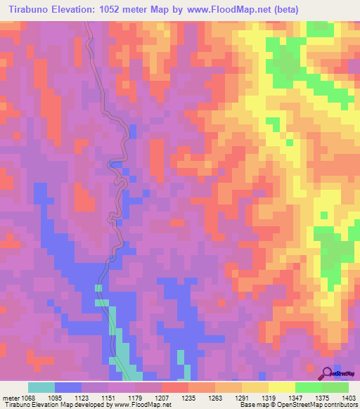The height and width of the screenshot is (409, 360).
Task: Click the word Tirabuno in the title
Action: pyautogui.click(x=29, y=10)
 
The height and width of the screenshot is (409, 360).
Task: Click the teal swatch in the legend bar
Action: pyautogui.click(x=41, y=387)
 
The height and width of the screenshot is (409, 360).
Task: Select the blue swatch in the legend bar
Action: pyautogui.click(x=68, y=387)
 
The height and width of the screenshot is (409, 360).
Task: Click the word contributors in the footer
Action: pyautogui.click(x=340, y=404)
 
